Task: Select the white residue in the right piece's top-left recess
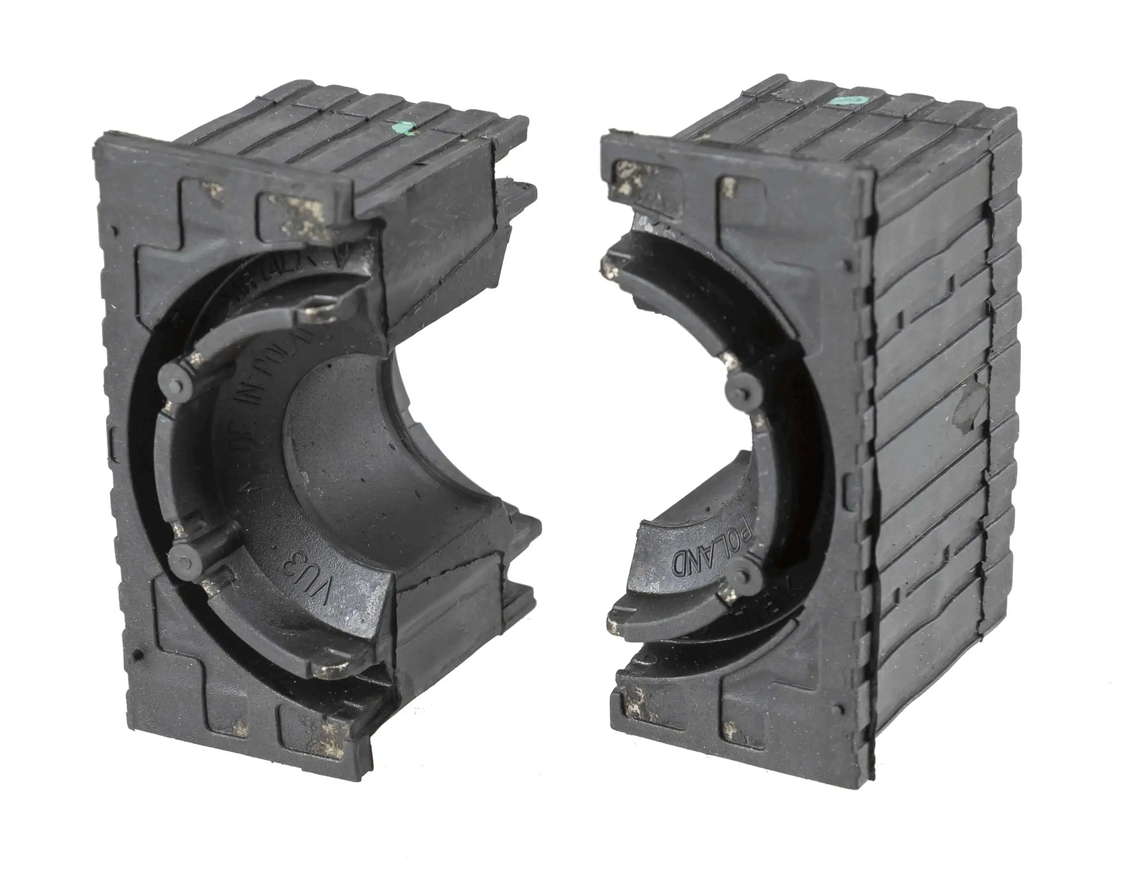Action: (x=628, y=177)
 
